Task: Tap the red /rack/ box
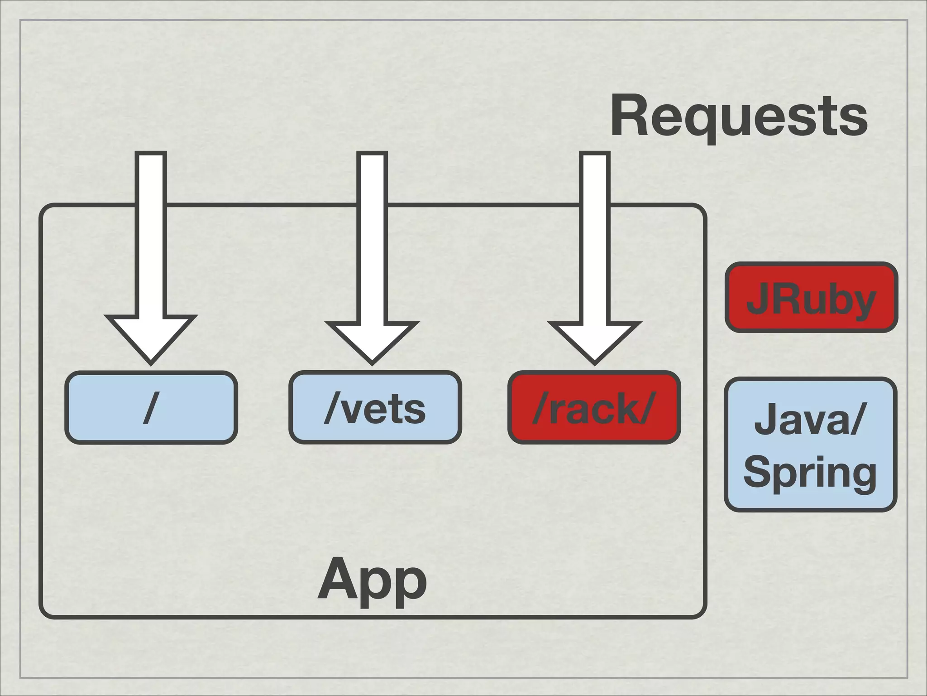(x=594, y=407)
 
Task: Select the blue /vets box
(x=375, y=407)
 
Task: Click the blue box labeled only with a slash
(x=151, y=407)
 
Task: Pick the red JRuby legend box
(x=811, y=298)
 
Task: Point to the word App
(x=373, y=580)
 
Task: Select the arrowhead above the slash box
(x=151, y=338)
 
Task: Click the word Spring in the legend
(x=810, y=474)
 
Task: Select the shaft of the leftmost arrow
(x=151, y=236)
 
